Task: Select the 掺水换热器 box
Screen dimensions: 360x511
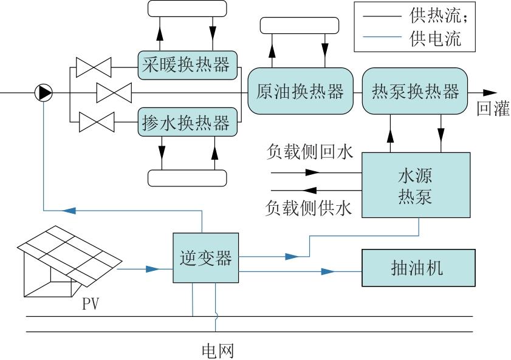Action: [187, 123]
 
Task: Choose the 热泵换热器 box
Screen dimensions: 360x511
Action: [415, 92]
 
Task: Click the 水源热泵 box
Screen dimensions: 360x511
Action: [415, 185]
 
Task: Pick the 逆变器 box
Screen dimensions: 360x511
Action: [206, 257]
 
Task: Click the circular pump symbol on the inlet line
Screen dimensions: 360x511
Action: [44, 93]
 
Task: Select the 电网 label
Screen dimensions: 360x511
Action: [217, 351]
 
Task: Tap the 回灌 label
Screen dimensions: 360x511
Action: [492, 110]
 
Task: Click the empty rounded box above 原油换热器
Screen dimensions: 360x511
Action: [299, 25]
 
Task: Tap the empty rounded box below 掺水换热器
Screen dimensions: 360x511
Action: [187, 177]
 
